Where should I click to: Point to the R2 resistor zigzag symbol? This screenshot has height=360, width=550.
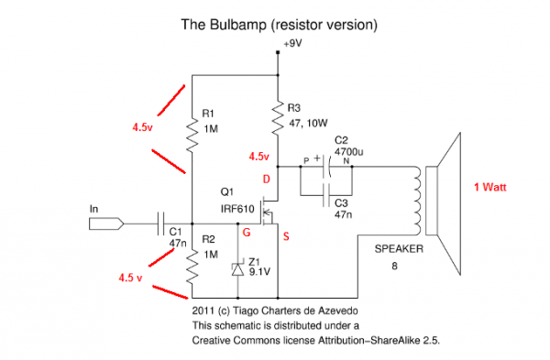(190, 265)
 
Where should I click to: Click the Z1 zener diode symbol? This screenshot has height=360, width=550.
(237, 269)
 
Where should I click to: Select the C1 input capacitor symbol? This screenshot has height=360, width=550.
(161, 223)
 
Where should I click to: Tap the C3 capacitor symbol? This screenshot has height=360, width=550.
(324, 194)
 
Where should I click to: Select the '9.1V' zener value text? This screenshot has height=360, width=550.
(261, 271)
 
